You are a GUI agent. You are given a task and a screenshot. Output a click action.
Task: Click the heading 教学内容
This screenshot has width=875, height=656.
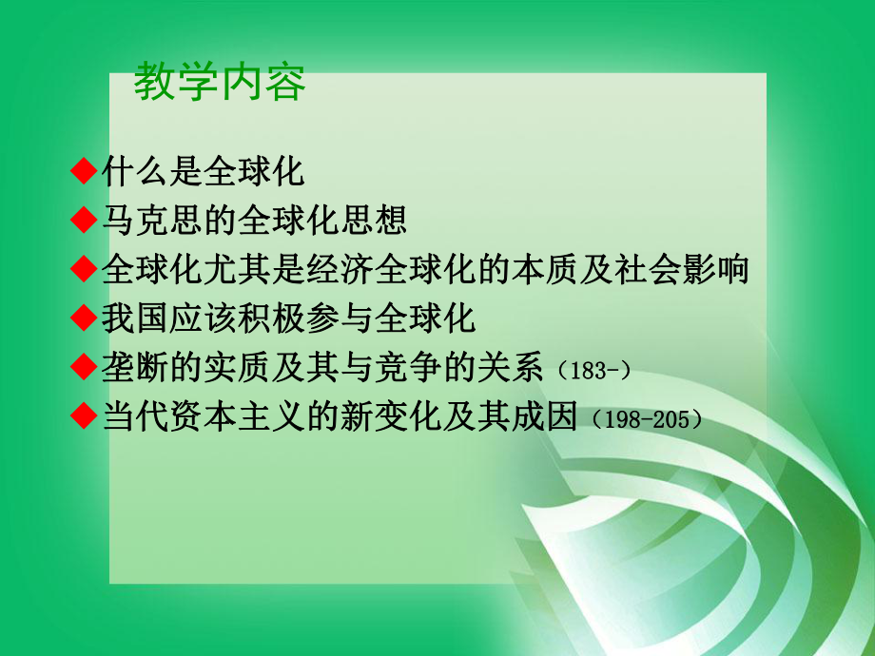[220, 84]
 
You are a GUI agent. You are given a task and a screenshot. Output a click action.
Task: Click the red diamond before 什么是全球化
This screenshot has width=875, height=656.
[86, 171]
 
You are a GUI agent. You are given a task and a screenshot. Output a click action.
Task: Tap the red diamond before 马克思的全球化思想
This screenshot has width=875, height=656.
[86, 221]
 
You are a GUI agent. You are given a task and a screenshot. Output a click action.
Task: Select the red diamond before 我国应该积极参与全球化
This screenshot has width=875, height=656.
[86, 318]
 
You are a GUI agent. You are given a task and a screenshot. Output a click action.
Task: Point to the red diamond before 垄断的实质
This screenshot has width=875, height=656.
[86, 367]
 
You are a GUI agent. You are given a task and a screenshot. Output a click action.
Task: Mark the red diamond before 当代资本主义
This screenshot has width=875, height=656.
[86, 416]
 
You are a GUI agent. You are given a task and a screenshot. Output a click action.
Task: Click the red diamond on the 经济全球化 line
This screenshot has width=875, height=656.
[86, 269]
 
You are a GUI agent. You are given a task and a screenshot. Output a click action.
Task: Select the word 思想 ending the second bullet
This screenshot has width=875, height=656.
[377, 221]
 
